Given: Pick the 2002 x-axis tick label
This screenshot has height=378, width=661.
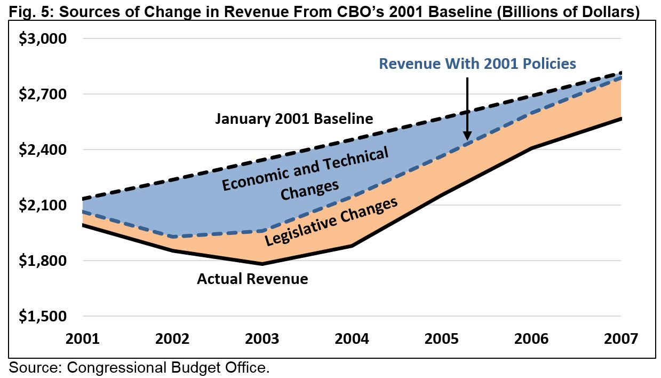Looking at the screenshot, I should coord(172,339).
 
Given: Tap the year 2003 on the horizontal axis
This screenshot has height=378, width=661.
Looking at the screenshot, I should coord(262,339).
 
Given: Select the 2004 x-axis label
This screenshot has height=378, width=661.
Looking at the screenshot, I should coord(352,339).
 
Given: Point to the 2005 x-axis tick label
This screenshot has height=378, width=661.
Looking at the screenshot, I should coord(442,339).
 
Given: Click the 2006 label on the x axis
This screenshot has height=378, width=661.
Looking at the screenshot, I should coord(532,339).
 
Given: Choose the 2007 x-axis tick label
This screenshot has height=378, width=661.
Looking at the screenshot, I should coord(622,339).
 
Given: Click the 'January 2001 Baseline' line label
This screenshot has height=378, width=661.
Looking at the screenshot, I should coord(294,119).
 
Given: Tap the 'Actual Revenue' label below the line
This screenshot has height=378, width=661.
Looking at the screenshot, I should coord(252,279).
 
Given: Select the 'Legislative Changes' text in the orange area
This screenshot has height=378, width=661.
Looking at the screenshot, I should coord(331,221).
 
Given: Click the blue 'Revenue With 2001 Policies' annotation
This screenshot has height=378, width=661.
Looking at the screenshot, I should coord(477,64).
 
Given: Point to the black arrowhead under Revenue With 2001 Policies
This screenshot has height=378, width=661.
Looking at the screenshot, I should coord(467,136).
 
